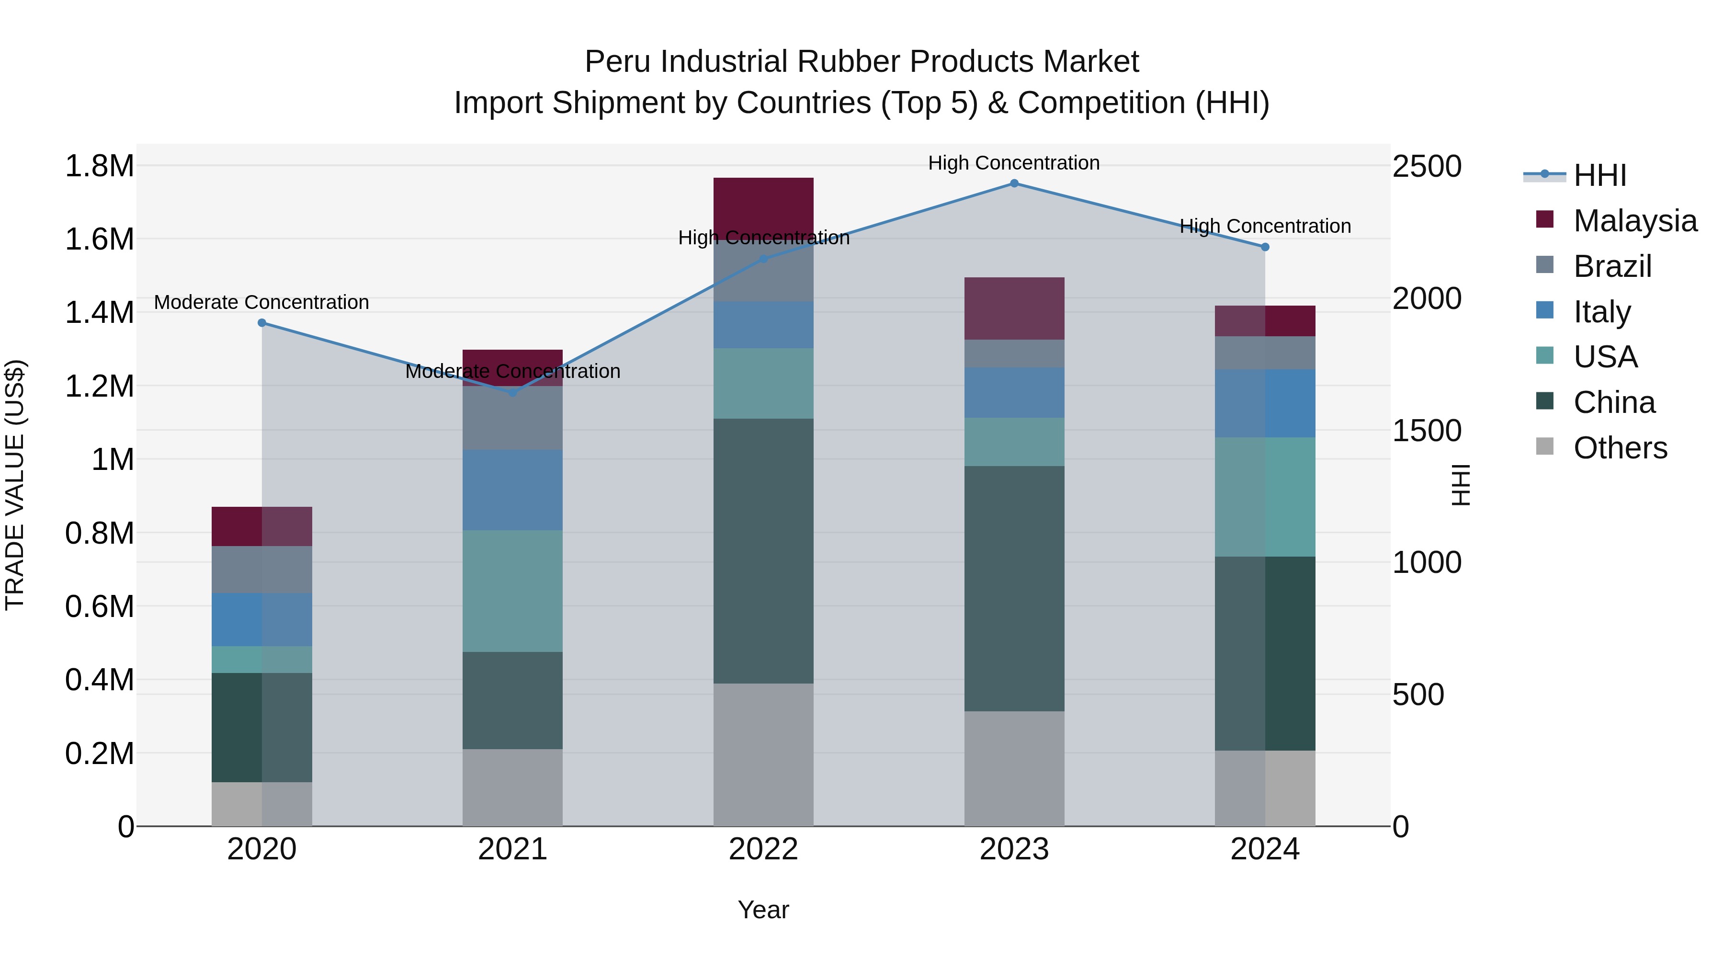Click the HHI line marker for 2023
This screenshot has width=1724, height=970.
[x=1014, y=183]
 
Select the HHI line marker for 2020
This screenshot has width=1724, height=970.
[x=261, y=323]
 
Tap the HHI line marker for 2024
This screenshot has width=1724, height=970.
[x=1265, y=247]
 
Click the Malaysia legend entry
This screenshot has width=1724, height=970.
[x=1634, y=221]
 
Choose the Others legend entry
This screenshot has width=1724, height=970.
[x=1620, y=448]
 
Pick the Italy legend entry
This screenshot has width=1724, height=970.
[x=1601, y=312]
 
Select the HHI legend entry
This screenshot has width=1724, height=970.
[x=1599, y=175]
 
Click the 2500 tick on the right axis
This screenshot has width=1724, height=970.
[x=1427, y=166]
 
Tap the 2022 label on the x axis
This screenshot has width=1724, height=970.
[x=763, y=849]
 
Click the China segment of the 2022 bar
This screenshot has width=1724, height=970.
[x=763, y=550]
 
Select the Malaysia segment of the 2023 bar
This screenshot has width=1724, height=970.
[x=1014, y=308]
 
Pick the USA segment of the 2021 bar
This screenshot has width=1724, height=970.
[x=512, y=591]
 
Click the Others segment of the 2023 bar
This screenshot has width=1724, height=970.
[x=1014, y=768]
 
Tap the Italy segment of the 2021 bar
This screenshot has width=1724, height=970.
[x=512, y=490]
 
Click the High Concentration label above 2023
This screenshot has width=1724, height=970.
[x=1013, y=163]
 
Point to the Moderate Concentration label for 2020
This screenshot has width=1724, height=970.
[x=261, y=303]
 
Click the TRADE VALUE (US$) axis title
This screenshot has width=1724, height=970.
[x=15, y=485]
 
